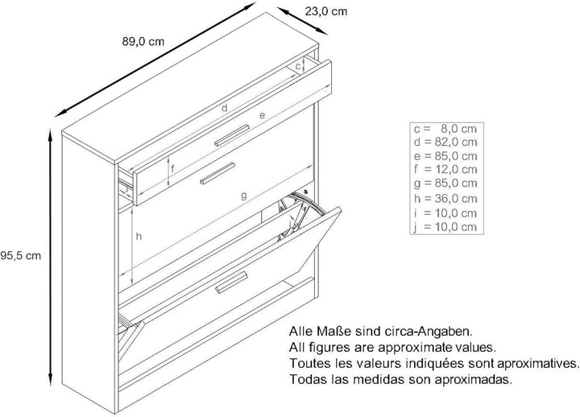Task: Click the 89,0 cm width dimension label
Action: coord(143,42)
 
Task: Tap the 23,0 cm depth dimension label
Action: coord(326,11)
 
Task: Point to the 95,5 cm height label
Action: coord(20,255)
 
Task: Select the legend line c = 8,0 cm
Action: coord(445,129)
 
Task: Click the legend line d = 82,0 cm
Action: coord(445,142)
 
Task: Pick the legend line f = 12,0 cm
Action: coord(445,169)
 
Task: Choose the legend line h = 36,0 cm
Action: coord(445,199)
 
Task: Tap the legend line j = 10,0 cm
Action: coord(445,227)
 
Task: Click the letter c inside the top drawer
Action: coord(298,67)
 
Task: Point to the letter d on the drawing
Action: coord(225,109)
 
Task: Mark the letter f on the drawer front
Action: coord(172,169)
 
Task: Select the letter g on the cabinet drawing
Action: coord(243,195)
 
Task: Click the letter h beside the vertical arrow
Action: coord(139,236)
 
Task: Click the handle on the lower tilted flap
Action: coord(231,282)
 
